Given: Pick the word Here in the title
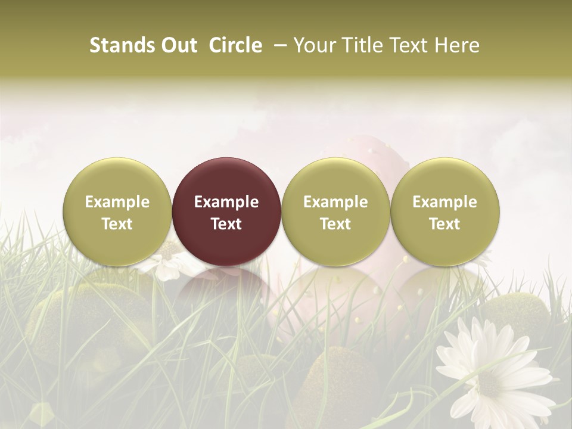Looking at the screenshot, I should click(456, 45).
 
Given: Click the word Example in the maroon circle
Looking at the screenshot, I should click(226, 202).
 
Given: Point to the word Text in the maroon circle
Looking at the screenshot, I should click(226, 224).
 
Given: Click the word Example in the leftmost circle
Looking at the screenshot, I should click(117, 202).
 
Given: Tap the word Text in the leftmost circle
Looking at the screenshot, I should click(117, 224).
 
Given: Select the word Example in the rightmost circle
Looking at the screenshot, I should click(445, 202).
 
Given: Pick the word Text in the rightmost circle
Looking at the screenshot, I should click(445, 224).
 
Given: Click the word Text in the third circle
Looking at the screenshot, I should click(335, 224).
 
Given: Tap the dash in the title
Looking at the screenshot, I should click(279, 45).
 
